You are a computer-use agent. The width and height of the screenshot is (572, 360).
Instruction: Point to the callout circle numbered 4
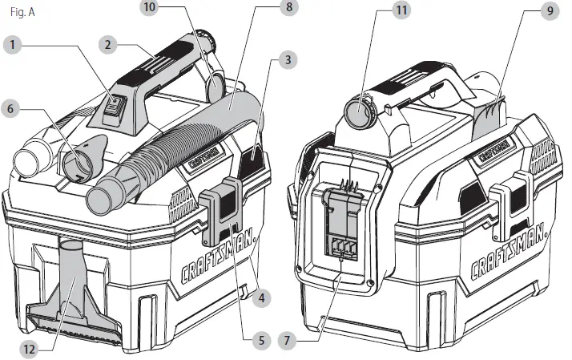258,298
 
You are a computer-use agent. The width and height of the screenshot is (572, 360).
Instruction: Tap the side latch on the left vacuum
221,210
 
